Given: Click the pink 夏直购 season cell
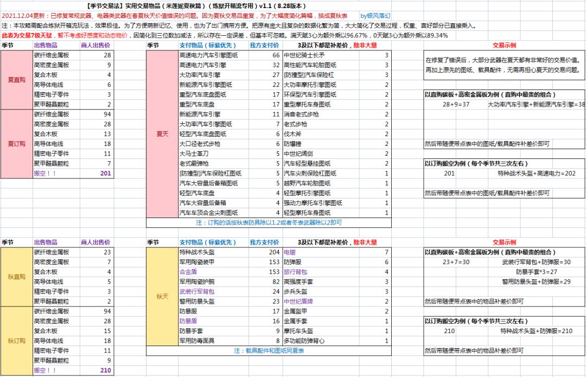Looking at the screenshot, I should point(16,80).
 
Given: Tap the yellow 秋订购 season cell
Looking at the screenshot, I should point(16,341).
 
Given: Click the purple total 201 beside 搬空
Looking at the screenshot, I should point(105,173).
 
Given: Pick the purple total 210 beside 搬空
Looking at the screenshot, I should point(105,370).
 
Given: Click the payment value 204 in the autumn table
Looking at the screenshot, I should point(274,252).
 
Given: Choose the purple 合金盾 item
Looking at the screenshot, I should point(188,272).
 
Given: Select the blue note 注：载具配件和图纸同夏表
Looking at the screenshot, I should point(269,351).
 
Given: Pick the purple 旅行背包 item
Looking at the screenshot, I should point(295,272).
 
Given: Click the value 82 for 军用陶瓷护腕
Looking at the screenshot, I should point(276,282).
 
